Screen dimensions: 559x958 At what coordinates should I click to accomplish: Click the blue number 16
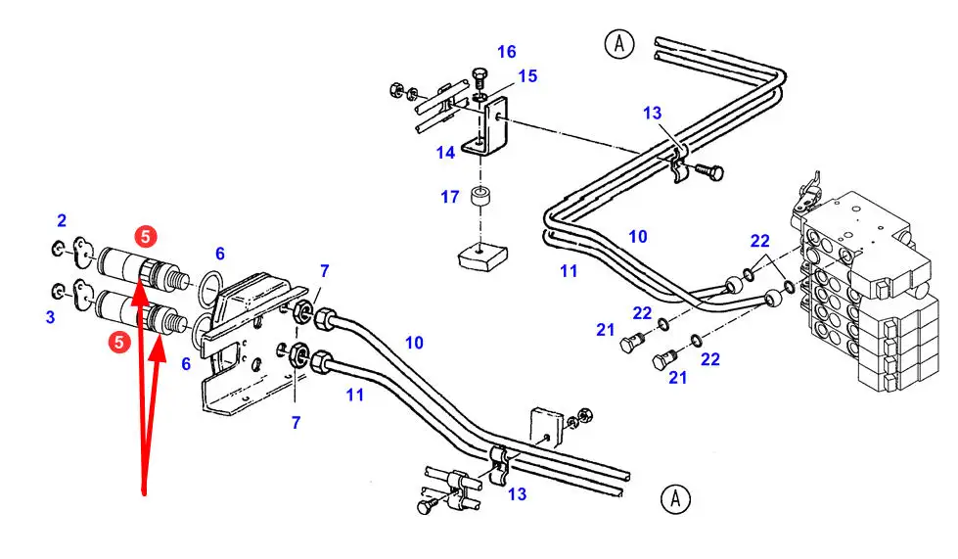click(506, 52)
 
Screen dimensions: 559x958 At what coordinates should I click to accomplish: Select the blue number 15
click(527, 75)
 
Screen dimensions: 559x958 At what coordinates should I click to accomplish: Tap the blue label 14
click(446, 153)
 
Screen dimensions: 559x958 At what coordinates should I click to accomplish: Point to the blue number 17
click(449, 197)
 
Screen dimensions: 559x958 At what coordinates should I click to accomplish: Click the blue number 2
click(62, 220)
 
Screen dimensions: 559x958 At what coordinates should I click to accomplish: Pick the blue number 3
click(50, 316)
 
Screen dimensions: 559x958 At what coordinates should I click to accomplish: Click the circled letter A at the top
click(618, 44)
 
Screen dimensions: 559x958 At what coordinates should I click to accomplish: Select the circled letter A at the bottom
click(675, 499)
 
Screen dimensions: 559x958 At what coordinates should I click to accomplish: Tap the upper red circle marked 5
click(145, 236)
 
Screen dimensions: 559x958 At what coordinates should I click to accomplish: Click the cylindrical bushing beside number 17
click(480, 200)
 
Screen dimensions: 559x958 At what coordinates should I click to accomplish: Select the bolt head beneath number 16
click(479, 76)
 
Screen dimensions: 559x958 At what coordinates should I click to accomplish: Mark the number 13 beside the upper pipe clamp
click(653, 114)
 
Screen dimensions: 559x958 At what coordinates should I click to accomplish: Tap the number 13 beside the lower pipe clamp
click(517, 494)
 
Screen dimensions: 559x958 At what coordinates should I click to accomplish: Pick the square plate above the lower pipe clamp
click(545, 425)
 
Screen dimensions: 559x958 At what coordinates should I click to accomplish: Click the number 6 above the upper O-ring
click(220, 254)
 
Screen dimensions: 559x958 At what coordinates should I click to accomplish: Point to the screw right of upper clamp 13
click(712, 173)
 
